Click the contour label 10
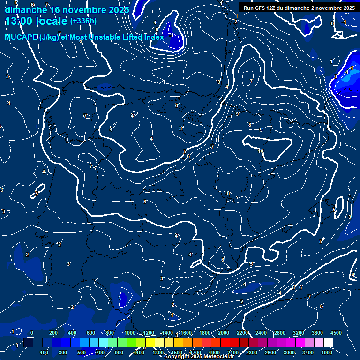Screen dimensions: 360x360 point(261,150)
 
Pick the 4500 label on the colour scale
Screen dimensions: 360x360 point(336,333)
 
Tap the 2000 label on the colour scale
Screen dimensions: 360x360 point(223,333)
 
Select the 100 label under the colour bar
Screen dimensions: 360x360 point(44,352)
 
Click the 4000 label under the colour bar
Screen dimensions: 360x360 point(327,352)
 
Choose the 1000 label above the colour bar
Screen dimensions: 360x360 point(129,333)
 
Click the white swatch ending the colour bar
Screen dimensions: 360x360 point(328,343)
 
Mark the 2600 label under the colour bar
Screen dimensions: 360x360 point(270,352)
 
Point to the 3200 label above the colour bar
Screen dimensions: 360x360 point(298,333)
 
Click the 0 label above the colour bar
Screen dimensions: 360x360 point(32,333)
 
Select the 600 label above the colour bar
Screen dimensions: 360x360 point(90,333)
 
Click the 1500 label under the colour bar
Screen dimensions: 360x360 point(176,352)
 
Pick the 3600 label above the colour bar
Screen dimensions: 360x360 point(317,333)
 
